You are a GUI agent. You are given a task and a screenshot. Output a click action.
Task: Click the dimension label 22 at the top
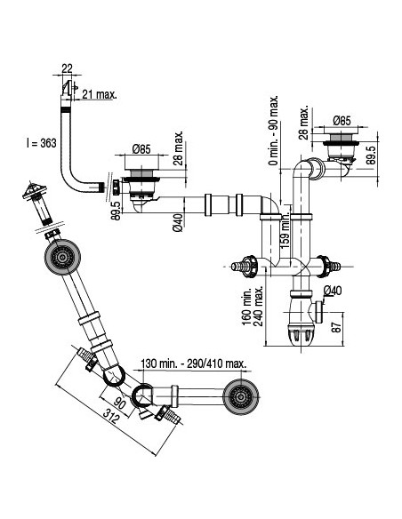pyautogui.click(x=68, y=68)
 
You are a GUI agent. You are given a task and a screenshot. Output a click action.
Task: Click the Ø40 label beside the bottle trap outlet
pyautogui.click(x=333, y=291)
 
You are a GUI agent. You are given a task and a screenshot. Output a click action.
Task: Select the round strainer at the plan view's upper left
pyautogui.click(x=61, y=259)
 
